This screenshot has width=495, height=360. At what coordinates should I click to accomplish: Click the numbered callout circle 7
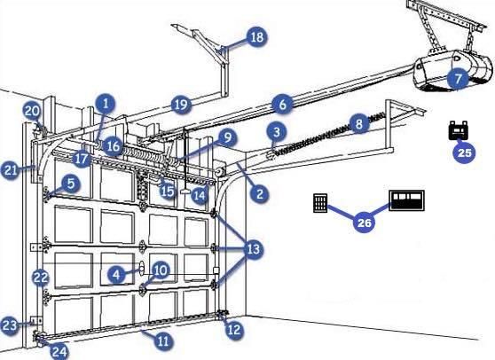457,79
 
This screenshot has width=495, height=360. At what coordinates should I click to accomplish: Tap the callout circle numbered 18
255,38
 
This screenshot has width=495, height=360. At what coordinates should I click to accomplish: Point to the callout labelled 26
363,223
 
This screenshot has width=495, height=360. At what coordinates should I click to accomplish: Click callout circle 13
253,250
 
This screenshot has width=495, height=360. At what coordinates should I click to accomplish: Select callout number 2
260,192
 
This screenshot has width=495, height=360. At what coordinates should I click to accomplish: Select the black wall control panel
407,200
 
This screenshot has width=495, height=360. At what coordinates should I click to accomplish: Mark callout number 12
233,330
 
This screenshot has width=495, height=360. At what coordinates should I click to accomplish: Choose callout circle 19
181,105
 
